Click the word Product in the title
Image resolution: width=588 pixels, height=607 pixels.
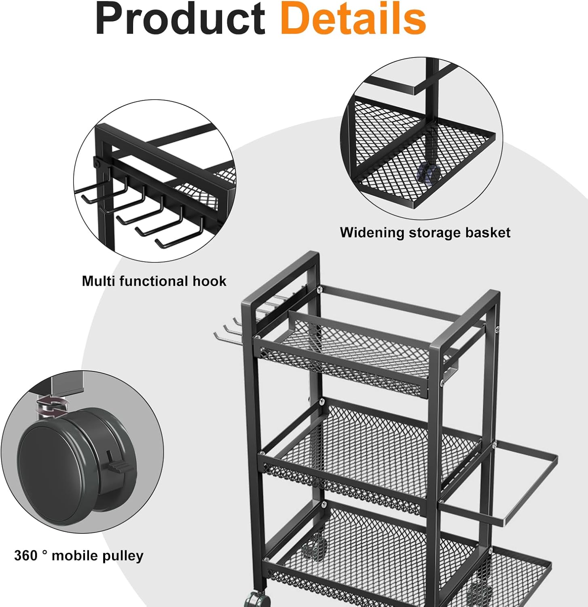click(x=180, y=19)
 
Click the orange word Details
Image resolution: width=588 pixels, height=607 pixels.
click(x=353, y=19)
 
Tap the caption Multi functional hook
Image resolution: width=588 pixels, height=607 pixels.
click(x=154, y=281)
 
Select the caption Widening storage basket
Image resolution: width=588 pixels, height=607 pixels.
click(x=425, y=233)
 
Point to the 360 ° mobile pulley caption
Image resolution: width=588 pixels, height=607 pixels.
click(x=79, y=556)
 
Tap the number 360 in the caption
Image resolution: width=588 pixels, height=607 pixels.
click(x=26, y=556)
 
